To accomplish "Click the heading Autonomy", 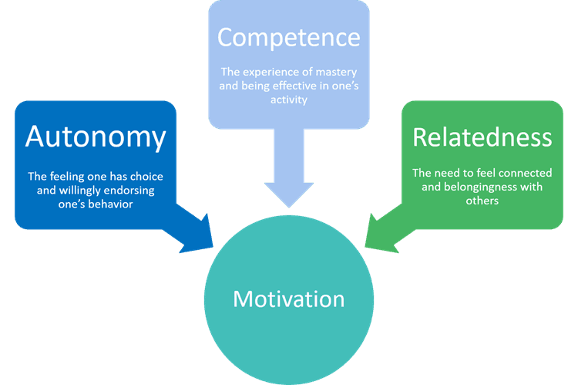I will (96, 137).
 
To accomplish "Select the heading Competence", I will (288, 36).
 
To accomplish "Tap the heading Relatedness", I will (482, 137).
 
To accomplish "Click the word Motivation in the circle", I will (288, 298).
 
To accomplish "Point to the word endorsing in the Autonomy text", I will (131, 191).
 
